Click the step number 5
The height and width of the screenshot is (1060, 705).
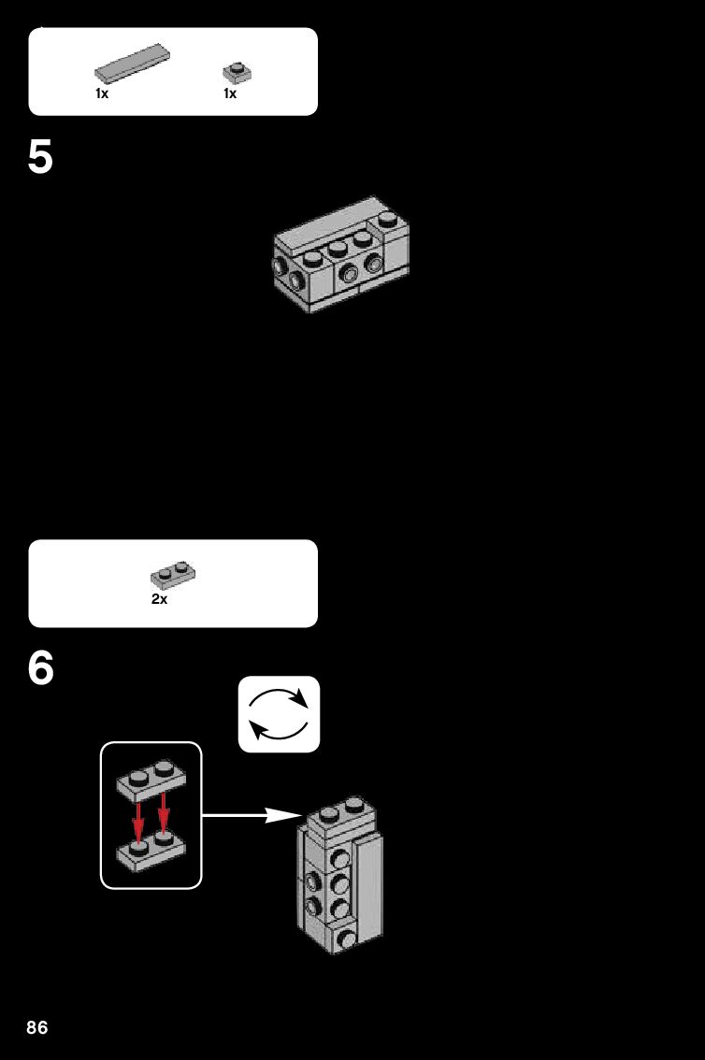point(41,157)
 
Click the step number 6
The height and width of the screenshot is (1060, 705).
point(41,668)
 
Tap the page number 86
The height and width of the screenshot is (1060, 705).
point(37,1028)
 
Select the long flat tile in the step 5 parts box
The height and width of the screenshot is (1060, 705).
point(132,62)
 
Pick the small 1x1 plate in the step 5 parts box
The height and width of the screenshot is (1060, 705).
point(237,72)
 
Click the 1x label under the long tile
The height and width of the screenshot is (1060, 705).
point(102,93)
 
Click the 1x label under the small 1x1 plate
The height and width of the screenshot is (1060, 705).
point(230,93)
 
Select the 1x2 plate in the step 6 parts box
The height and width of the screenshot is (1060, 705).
point(173,573)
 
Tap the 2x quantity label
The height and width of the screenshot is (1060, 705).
point(159,599)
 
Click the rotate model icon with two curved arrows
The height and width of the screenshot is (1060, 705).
point(279,714)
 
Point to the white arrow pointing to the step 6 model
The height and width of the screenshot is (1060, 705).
point(249,815)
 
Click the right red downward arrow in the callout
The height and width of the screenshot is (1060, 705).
point(164,814)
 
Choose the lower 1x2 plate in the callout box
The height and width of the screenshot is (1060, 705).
point(151,851)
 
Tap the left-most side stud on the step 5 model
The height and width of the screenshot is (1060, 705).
point(278,266)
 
